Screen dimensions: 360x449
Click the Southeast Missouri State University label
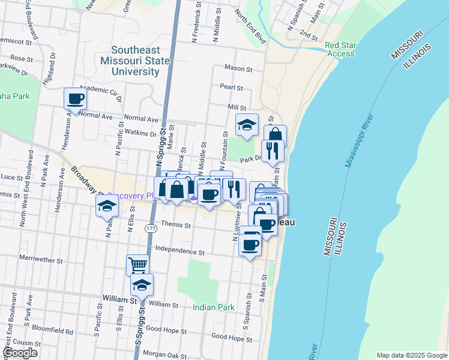[134, 61]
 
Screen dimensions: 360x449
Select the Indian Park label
[213, 307]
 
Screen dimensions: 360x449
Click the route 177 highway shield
[150, 229]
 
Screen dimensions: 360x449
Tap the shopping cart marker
[137, 264]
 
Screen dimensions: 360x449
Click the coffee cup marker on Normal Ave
[76, 98]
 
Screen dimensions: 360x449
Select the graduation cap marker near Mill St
[247, 124]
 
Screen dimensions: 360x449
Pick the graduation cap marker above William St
[142, 284]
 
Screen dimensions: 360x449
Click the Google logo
[20, 353]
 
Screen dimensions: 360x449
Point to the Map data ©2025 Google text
[411, 355]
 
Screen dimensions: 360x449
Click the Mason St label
[238, 69]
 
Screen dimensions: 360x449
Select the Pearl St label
[231, 88]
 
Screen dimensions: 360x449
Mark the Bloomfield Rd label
[53, 331]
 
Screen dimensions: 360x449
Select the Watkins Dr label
[140, 134]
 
